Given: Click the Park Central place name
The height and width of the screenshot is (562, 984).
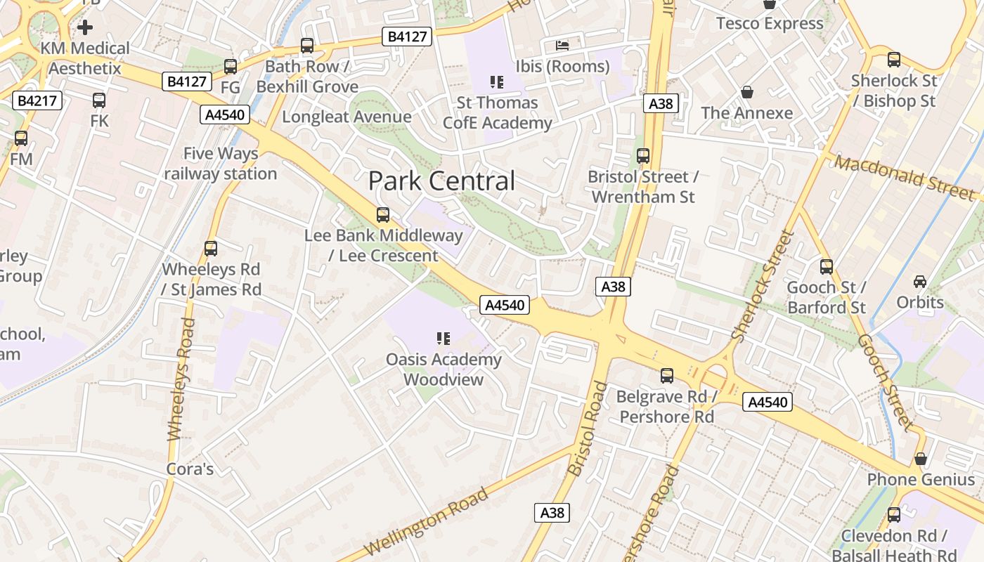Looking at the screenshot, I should click(441, 181).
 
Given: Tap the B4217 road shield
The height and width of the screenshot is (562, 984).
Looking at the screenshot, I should click(37, 101).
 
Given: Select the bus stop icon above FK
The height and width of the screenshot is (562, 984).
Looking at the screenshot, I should click(99, 100).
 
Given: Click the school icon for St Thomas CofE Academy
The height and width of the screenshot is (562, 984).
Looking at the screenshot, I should click(497, 82).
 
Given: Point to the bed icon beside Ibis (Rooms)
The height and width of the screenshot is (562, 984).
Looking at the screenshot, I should click(562, 45).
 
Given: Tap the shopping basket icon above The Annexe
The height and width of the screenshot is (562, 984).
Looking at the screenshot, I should click(746, 92).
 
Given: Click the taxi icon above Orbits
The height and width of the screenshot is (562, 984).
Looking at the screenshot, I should click(919, 282).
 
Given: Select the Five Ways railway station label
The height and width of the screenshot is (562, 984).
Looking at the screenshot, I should click(221, 164).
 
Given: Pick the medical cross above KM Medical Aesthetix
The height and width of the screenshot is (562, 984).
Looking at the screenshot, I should click(85, 27).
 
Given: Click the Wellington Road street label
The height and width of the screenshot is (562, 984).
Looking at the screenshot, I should click(427, 521).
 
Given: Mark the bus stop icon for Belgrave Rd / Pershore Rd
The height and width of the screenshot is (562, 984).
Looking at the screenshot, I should click(666, 376).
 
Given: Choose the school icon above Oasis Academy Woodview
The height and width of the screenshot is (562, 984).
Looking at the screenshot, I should click(443, 339).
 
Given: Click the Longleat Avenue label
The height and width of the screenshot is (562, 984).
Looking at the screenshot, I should click(347, 117).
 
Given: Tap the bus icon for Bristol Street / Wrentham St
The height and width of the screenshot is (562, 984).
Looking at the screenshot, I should click(642, 156).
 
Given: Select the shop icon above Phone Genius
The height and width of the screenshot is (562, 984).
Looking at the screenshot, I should click(920, 459).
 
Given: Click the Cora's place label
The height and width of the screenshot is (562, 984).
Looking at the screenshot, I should click(190, 469).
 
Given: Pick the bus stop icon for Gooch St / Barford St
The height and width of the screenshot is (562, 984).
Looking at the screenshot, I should click(827, 267).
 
